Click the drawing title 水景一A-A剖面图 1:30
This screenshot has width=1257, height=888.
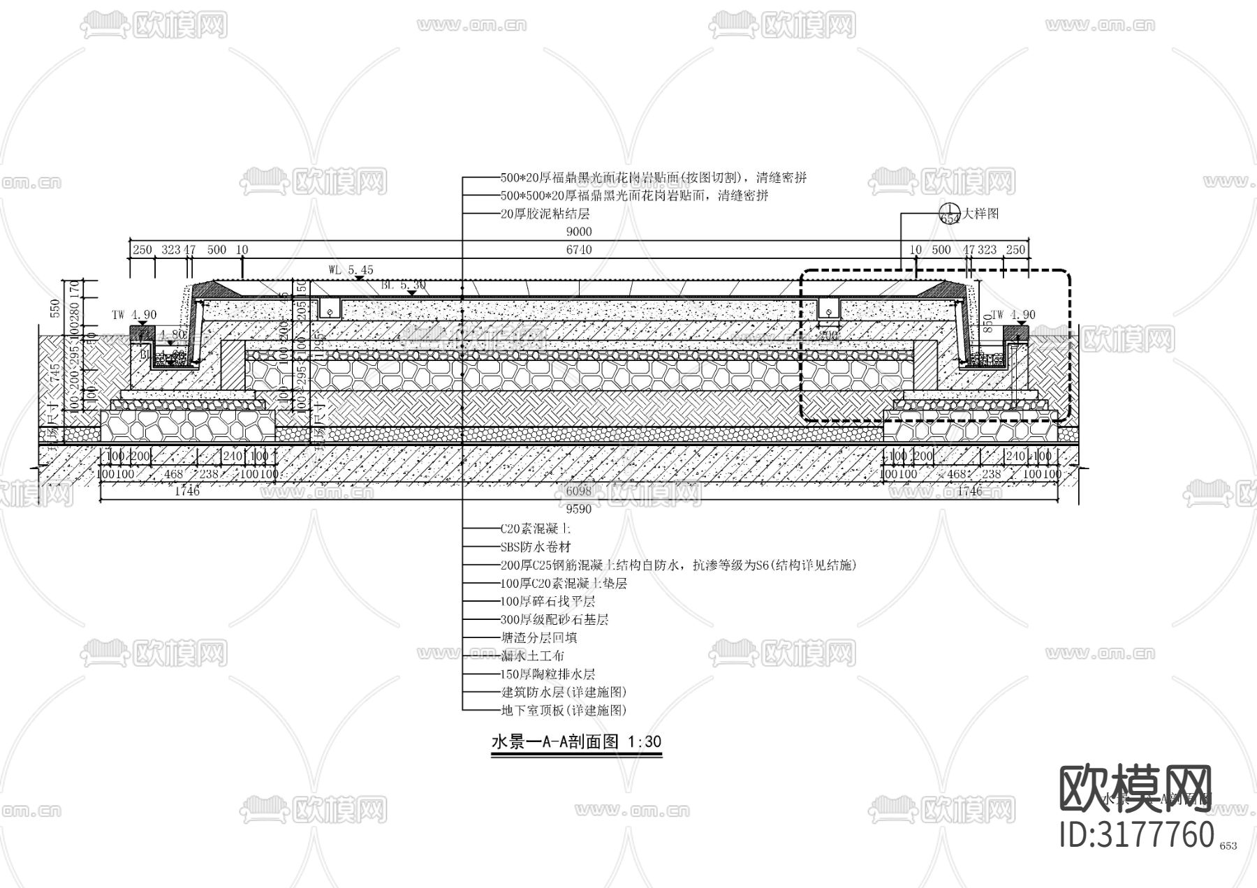coord(576,741)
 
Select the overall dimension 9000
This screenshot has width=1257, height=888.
coord(579,232)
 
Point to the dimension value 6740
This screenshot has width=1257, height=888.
coord(579,249)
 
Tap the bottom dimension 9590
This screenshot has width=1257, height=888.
coord(579,510)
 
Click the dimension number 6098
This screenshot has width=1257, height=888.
coord(579,491)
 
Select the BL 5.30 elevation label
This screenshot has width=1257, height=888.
coord(404,285)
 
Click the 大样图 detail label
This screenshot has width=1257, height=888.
coord(980,213)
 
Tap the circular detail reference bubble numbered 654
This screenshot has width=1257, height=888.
coord(950,214)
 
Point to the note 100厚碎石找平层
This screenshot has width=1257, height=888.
coord(547,601)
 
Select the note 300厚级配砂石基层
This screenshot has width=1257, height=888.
coord(554,619)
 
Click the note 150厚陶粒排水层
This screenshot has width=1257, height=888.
coord(547,674)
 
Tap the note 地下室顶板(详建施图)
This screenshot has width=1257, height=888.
coord(563,711)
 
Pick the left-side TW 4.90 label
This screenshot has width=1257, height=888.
coord(134,315)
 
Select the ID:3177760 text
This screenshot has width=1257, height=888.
coord(1137,835)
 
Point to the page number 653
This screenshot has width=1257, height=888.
coord(1228,846)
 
